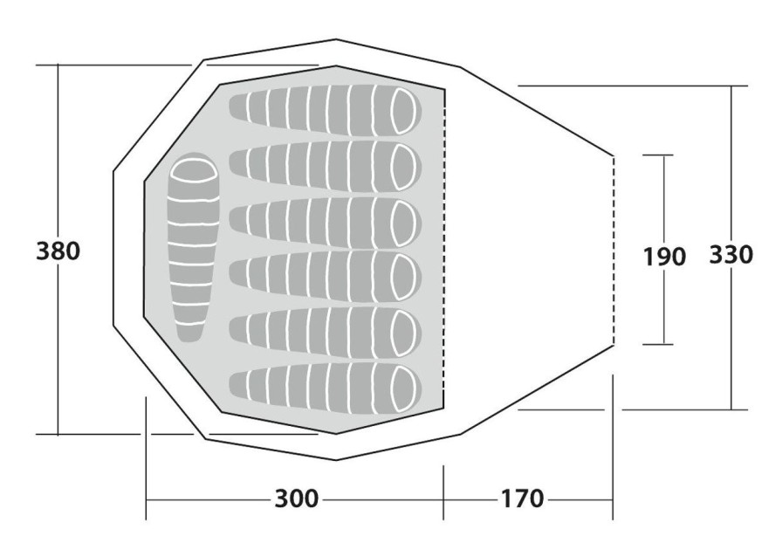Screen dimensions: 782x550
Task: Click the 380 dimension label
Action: (x=58, y=251)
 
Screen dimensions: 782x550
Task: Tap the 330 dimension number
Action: (x=731, y=255)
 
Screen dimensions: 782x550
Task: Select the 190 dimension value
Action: (x=664, y=257)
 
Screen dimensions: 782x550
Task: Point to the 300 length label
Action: (x=296, y=498)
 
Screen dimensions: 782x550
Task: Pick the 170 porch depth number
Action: (x=522, y=498)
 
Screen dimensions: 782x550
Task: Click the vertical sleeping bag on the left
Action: (x=193, y=247)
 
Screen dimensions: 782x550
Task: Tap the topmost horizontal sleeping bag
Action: (x=326, y=110)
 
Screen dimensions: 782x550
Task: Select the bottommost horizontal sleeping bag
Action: (x=326, y=389)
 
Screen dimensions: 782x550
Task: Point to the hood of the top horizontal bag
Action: (x=403, y=111)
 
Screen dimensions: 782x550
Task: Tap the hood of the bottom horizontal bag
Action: (x=403, y=389)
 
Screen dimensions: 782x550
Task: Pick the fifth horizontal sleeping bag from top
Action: (x=326, y=333)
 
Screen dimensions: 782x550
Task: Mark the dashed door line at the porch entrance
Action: (x=613, y=251)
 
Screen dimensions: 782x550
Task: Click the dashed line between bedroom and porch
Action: (x=444, y=249)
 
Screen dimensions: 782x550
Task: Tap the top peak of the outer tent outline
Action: (x=336, y=39)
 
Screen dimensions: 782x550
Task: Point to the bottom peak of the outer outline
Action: (x=336, y=460)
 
